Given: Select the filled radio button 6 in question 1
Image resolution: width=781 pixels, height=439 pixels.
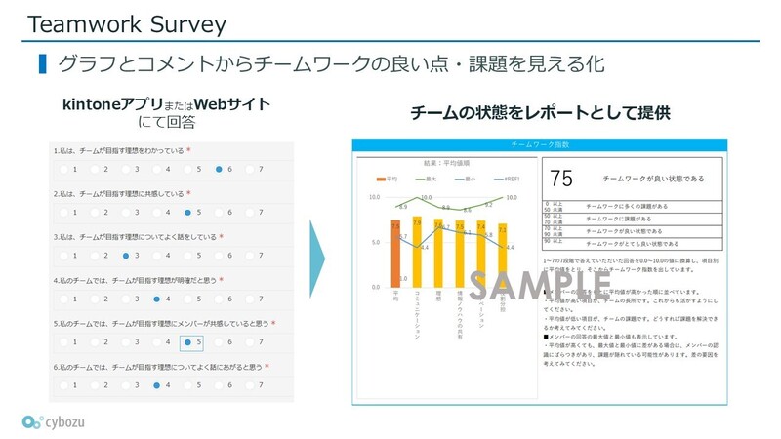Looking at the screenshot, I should (220, 169).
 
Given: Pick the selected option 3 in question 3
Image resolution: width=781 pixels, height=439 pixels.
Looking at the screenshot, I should (126, 256).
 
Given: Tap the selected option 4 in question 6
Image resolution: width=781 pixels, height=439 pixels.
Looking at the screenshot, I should (157, 385).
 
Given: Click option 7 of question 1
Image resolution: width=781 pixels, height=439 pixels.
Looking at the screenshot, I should (251, 169).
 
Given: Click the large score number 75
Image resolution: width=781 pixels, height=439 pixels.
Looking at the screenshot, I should (561, 179).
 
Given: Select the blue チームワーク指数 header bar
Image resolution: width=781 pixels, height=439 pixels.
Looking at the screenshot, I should (539, 144).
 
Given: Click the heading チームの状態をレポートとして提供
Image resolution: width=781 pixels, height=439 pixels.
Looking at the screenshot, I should (540, 113).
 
